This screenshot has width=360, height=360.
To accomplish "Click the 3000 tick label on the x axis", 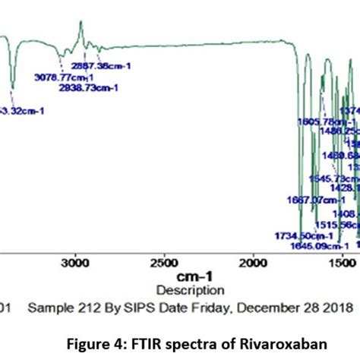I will (74, 263).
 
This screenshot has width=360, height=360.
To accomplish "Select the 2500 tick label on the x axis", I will (163, 263).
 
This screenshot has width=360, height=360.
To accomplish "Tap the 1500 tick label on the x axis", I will (341, 263).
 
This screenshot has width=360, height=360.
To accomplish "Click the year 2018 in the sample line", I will (339, 308).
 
